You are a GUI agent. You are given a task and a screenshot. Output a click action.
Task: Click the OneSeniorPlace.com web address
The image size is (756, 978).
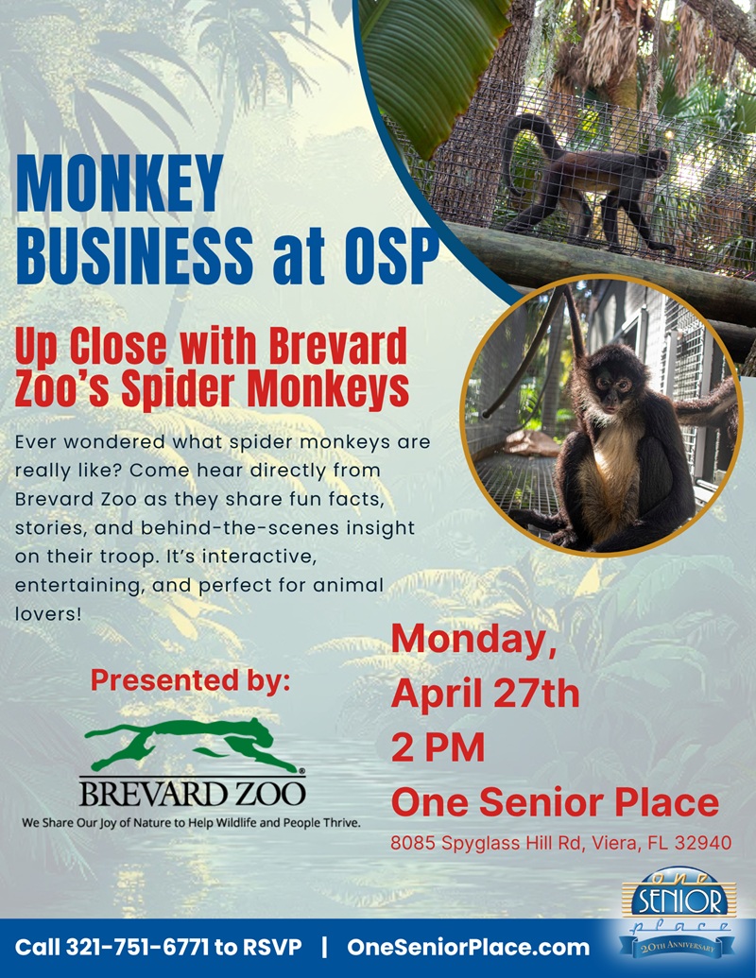click(x=468, y=948)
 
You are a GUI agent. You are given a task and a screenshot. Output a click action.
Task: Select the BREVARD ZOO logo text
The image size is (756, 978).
click(x=192, y=792)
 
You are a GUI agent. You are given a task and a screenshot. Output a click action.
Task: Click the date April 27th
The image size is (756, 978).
click(x=485, y=694)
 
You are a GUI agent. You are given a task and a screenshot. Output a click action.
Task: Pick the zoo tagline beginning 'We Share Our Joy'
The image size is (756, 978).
click(x=192, y=823)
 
